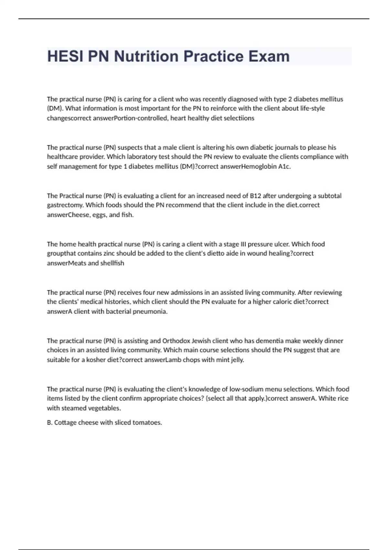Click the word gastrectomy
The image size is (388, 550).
65,205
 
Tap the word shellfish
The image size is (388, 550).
112,263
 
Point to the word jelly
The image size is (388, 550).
237,360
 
